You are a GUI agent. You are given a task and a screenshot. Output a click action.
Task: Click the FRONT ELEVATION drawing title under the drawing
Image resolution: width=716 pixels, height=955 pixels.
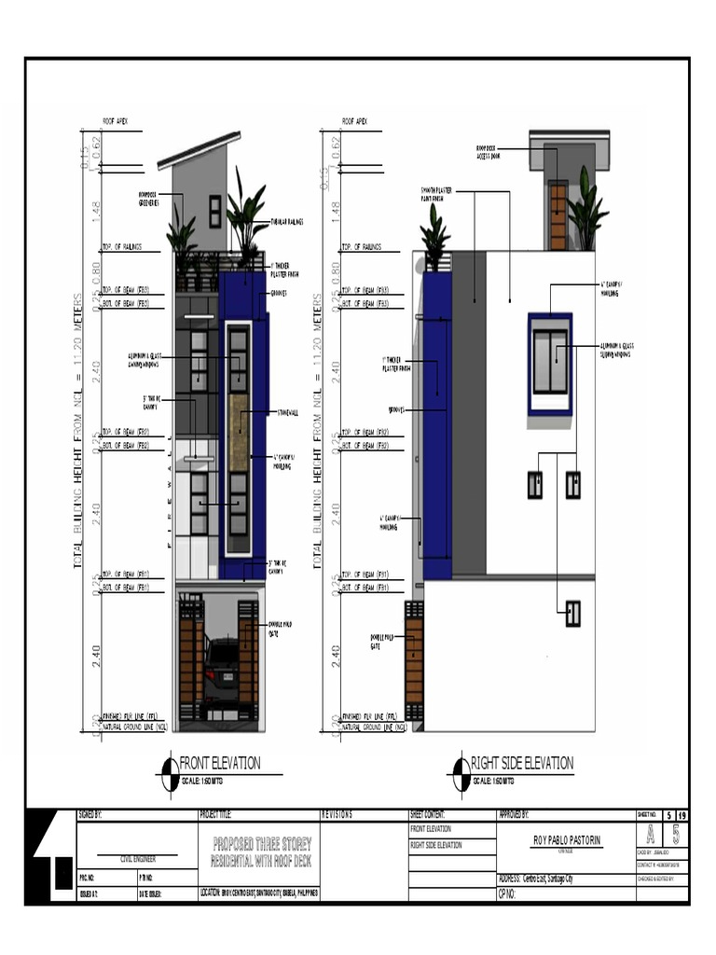coord(220,764)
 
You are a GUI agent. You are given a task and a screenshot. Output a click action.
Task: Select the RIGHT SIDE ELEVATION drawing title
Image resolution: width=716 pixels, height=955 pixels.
coord(521,764)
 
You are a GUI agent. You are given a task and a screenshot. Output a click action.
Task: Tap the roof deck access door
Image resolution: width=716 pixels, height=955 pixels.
coord(558,215)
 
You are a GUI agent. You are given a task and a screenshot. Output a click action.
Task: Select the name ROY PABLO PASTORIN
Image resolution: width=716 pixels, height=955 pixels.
coord(566,840)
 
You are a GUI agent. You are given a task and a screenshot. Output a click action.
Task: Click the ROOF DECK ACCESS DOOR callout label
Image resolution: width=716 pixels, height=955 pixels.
coord(488,152)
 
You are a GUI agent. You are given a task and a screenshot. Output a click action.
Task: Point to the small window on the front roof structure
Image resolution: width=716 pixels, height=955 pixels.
coord(215,211)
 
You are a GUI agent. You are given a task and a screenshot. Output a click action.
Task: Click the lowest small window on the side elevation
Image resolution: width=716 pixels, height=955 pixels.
coord(572,613)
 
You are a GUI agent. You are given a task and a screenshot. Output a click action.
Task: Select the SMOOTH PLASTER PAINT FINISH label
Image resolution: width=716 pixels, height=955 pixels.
coord(436,194)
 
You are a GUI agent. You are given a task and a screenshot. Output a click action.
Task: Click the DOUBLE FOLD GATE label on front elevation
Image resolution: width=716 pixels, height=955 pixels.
coord(280,629)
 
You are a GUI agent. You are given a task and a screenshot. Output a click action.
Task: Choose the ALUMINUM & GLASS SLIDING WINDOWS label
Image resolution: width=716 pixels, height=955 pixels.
coord(615,351)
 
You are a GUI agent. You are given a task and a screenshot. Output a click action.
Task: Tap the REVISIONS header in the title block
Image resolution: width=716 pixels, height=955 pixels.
coord(337,814)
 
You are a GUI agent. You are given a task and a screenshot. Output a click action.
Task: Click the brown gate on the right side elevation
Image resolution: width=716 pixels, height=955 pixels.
coord(414,662)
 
